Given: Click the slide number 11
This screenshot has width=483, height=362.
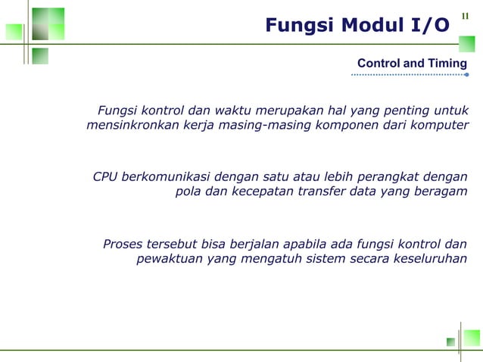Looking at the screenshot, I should [466, 15].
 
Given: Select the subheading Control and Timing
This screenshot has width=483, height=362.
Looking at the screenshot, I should [412, 64].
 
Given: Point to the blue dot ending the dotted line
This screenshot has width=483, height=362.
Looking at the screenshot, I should [466, 75].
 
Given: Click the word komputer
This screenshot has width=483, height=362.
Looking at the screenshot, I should [440, 125].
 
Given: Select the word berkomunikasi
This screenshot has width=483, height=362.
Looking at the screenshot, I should [165, 177].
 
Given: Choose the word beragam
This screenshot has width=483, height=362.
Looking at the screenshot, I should [441, 192].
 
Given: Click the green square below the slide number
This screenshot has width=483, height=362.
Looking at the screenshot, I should [467, 43].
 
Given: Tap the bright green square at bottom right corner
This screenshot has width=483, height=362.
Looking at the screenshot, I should [472, 338].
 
